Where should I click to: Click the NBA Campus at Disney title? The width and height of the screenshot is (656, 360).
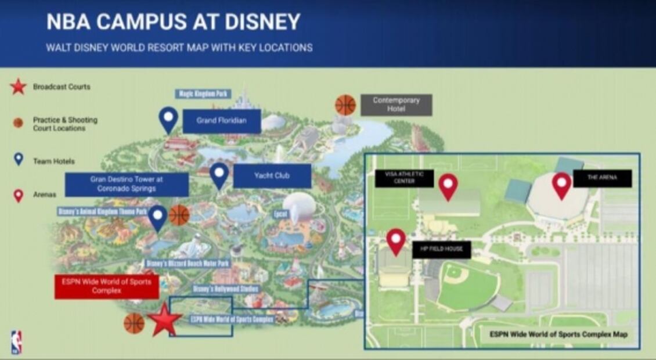(x=173, y=22)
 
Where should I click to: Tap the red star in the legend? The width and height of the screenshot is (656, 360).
(x=18, y=87)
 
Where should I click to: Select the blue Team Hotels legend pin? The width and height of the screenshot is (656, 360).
(x=19, y=159)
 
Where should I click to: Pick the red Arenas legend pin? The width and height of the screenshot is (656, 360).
(x=19, y=195)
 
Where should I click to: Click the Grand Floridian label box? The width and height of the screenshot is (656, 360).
(x=221, y=121)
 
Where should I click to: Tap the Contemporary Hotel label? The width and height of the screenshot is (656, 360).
(x=396, y=105)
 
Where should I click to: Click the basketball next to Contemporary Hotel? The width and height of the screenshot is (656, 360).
(x=345, y=105)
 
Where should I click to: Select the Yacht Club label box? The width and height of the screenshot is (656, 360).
(x=272, y=175)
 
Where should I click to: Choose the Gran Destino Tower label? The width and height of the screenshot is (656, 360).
(x=127, y=184)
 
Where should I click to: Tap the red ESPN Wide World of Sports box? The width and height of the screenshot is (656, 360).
(x=106, y=287)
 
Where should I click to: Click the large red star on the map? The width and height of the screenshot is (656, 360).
(x=165, y=321)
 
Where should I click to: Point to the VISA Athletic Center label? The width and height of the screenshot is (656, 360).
(x=404, y=178)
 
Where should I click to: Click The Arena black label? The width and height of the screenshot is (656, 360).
(x=602, y=178)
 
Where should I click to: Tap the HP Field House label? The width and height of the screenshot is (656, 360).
(x=441, y=250)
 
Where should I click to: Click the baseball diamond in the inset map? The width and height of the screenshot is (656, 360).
(x=466, y=286)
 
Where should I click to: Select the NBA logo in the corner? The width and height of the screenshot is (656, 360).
(x=16, y=343)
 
